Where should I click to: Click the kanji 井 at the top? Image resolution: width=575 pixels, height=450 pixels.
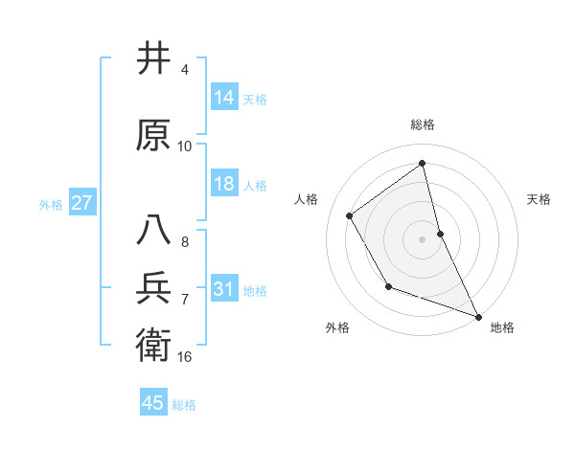point(153,59)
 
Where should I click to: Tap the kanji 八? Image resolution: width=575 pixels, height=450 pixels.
point(153,231)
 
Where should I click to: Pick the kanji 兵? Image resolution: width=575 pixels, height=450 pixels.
point(153,288)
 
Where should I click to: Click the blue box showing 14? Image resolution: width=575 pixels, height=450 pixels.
point(224,98)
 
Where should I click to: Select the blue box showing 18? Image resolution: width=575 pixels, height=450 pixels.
point(224,184)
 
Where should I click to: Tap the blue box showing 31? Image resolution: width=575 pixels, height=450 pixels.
point(224,289)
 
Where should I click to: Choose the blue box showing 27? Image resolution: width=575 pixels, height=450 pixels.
point(81,203)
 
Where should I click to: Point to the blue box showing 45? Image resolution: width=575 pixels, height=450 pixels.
point(153,403)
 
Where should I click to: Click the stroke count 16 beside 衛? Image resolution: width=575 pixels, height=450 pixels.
point(185,356)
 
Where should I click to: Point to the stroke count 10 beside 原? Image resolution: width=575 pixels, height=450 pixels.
point(185,146)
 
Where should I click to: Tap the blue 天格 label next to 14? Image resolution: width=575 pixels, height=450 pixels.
point(255,99)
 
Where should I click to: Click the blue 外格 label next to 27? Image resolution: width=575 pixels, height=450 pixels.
point(51,204)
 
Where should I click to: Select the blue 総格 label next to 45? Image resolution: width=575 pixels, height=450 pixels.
point(184,404)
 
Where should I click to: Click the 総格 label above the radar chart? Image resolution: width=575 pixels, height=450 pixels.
point(423,125)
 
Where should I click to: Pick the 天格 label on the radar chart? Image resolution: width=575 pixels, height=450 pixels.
point(539,199)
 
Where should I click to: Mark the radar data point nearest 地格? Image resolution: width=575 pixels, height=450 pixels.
point(478,317)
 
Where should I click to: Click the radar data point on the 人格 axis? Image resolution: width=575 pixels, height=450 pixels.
point(350,215)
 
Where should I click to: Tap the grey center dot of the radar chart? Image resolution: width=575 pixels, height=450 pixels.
point(423,239)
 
